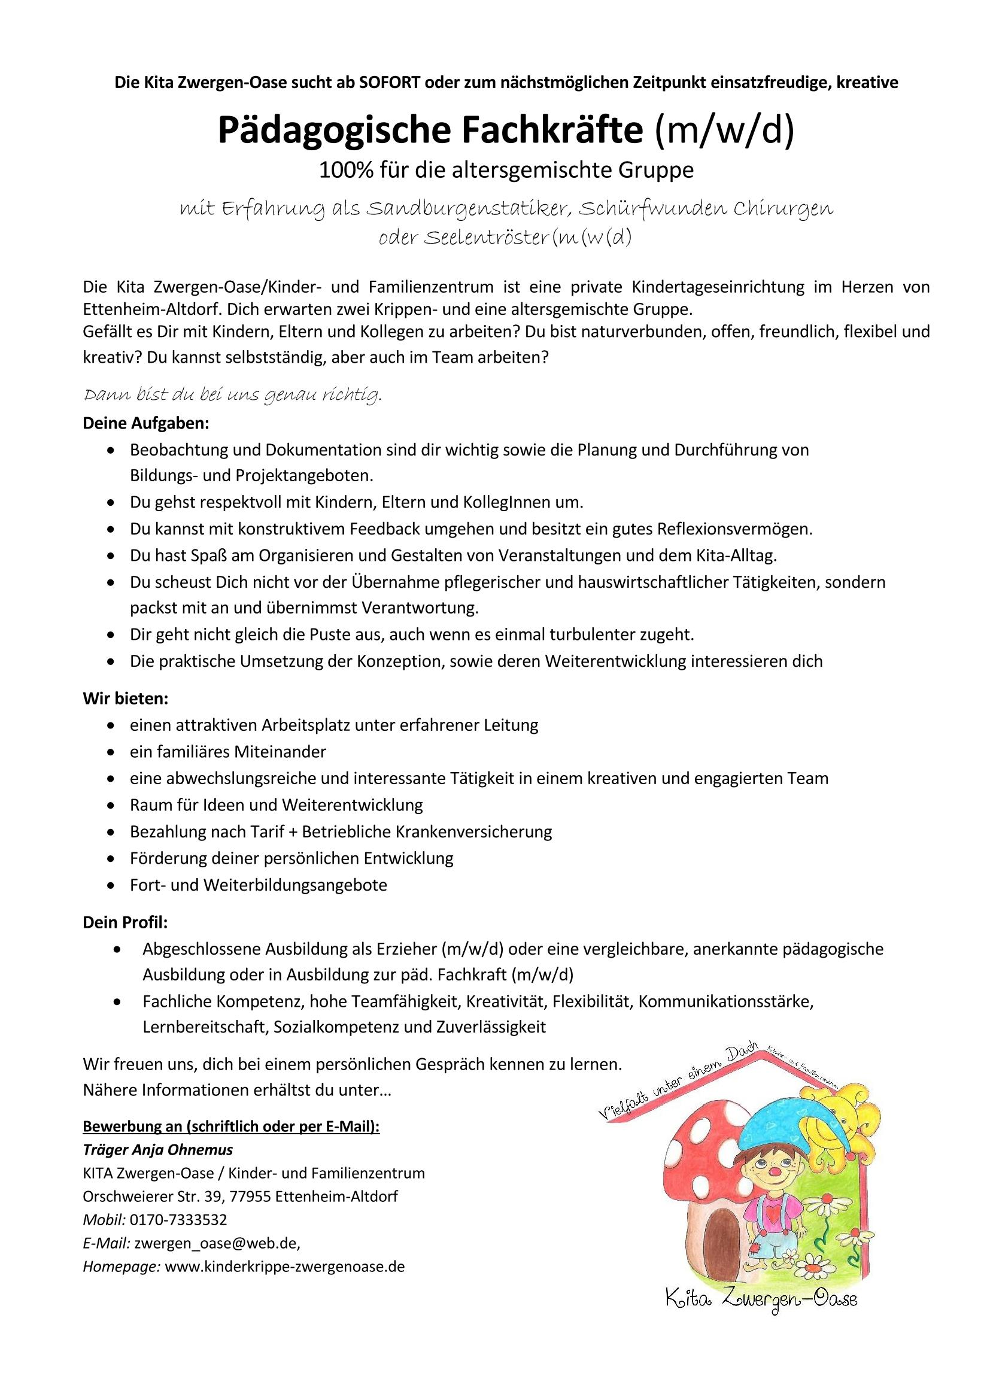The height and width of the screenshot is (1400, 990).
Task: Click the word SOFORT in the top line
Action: [391, 83]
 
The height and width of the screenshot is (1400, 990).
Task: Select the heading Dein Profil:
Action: [125, 922]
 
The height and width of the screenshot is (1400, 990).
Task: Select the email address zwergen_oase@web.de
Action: [217, 1243]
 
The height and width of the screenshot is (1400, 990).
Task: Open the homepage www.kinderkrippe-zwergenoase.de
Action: [285, 1267]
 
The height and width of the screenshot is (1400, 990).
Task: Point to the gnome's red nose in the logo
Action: [773, 1187]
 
